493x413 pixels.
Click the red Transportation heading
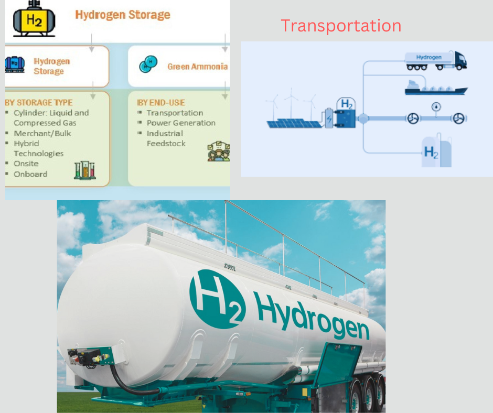341,26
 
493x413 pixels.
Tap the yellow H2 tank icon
34,19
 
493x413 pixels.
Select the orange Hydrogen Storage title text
123,15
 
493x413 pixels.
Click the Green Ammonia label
197,67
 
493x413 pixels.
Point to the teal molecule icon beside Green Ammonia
148,64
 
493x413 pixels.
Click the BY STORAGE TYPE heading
39,103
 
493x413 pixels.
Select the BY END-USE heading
160,103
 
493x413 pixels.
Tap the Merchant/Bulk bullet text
42,134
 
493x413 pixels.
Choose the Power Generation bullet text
181,123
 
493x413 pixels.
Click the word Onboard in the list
30,174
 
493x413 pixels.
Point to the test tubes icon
85,170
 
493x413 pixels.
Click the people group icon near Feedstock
219,151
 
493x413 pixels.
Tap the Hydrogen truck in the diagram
435,61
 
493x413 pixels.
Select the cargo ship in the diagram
436,88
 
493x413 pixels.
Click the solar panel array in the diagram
294,123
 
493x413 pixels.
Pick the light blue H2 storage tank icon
436,151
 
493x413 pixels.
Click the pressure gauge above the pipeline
436,107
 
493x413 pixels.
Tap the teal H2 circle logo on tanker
217,299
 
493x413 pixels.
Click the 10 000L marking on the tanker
230,267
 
